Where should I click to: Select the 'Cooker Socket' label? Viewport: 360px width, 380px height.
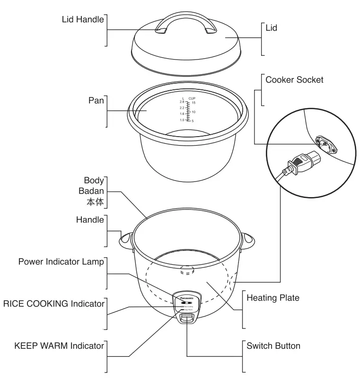(294, 80)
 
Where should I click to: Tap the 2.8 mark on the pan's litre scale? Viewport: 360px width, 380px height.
(182, 102)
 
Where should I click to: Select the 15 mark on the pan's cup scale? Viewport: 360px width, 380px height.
(193, 103)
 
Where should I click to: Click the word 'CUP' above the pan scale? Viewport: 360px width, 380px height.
(192, 98)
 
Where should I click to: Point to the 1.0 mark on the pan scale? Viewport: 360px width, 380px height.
(182, 121)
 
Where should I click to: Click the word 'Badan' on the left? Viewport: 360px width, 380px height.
(91, 191)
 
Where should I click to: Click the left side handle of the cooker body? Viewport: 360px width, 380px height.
(126, 239)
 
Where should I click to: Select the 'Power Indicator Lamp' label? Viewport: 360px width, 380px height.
(61, 262)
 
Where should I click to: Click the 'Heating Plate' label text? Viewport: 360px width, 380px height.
(273, 298)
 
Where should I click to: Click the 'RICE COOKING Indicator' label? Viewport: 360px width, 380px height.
(53, 304)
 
